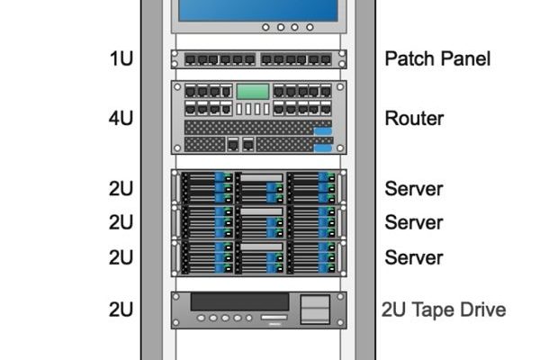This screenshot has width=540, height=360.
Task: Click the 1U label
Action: [x=121, y=59]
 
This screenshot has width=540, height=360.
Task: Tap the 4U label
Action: [x=121, y=118]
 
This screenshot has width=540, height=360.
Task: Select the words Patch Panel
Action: [x=437, y=59]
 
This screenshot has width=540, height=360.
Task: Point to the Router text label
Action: [x=414, y=118]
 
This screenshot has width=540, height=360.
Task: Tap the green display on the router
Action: [x=253, y=91]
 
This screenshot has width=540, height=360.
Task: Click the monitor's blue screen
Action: [x=259, y=9]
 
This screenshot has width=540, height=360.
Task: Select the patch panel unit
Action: [x=259, y=59]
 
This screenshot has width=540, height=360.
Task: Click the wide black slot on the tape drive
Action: [x=239, y=301]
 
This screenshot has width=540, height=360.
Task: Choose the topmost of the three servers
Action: [x=259, y=186]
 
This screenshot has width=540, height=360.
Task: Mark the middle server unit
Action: [x=259, y=221]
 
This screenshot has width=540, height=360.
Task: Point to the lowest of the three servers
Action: [x=259, y=256]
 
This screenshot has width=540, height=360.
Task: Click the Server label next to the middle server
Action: [x=414, y=222]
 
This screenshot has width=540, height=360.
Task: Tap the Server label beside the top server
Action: [x=414, y=189]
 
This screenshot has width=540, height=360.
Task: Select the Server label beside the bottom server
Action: [x=414, y=257]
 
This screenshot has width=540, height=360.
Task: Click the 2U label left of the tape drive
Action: [x=121, y=310]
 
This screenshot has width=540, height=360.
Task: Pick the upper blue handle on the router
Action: [x=322, y=131]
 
